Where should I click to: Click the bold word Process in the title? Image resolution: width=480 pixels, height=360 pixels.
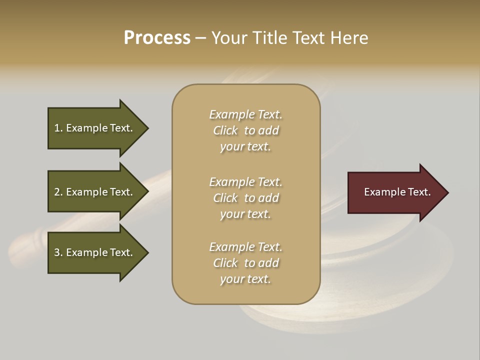pos(157,38)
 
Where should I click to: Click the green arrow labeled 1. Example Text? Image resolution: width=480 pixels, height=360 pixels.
pos(95,128)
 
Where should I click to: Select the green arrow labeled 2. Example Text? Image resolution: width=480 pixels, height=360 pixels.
pos(95,192)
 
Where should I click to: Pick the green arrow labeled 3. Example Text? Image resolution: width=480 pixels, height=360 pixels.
pos(95,252)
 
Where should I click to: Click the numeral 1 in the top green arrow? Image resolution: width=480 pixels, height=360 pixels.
pos(57,128)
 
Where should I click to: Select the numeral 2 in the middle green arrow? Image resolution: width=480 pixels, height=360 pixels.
pos(57,192)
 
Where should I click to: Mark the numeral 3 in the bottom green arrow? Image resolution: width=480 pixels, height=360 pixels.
pos(57,252)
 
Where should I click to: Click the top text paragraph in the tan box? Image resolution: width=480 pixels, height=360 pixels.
pos(245,130)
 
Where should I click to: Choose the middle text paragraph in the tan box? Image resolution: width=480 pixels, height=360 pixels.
pos(245,198)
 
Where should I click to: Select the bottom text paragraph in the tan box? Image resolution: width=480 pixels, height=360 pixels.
pos(245,263)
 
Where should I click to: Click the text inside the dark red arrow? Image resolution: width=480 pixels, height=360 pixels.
pos(397,192)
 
